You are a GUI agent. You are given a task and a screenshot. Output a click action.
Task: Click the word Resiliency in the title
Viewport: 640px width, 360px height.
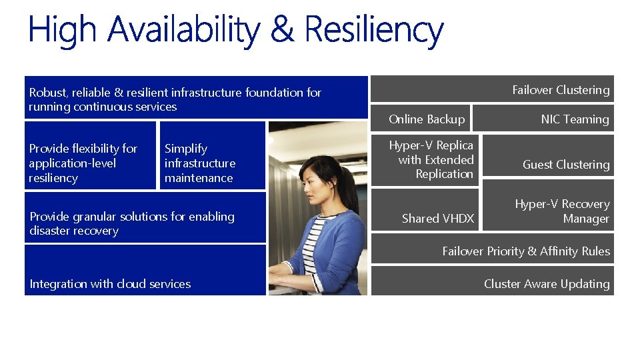click(373, 31)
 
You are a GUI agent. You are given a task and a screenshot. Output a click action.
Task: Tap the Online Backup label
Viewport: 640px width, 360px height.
click(426, 119)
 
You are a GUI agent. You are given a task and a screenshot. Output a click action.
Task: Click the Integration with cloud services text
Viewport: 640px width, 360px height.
click(110, 284)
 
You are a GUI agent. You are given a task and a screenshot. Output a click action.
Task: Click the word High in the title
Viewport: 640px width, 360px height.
click(63, 31)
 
